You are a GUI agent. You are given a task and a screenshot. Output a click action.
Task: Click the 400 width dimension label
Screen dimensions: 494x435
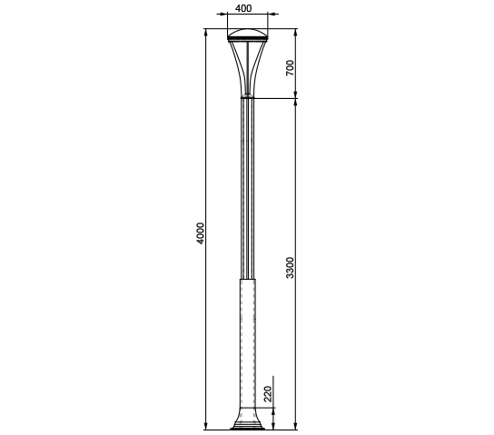[243, 8]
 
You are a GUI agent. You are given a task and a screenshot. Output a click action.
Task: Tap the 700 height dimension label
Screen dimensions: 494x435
[290, 68]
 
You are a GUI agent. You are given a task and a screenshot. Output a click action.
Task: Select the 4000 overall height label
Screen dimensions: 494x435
[200, 233]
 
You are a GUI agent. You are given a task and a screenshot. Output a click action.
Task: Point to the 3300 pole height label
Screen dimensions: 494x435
[290, 268]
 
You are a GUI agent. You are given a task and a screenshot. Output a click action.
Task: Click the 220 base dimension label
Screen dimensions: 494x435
[268, 394]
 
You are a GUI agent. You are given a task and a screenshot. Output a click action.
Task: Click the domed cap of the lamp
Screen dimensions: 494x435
[248, 33]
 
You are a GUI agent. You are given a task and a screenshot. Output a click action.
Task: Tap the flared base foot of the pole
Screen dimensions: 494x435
[247, 419]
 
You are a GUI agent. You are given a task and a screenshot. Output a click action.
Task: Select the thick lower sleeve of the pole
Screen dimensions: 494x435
[248, 343]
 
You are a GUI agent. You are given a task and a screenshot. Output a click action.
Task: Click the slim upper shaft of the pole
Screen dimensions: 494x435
[247, 189]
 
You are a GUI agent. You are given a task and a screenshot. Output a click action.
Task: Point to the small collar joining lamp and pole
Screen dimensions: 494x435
[247, 96]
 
